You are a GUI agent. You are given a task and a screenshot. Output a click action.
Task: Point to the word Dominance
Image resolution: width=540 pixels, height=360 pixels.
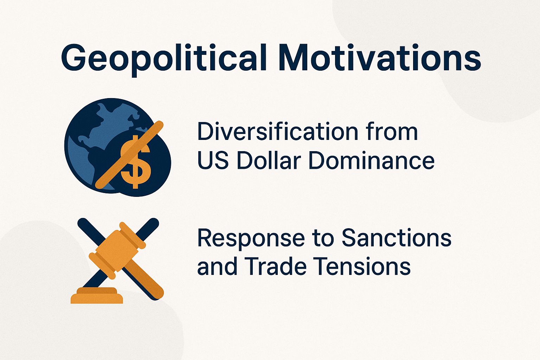pyautogui.click(x=371, y=161)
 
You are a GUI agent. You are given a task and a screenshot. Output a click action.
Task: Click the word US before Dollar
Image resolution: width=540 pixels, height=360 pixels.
pyautogui.click(x=213, y=161)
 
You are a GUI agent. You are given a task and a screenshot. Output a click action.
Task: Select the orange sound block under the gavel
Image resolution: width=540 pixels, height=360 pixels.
pyautogui.click(x=97, y=296)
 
